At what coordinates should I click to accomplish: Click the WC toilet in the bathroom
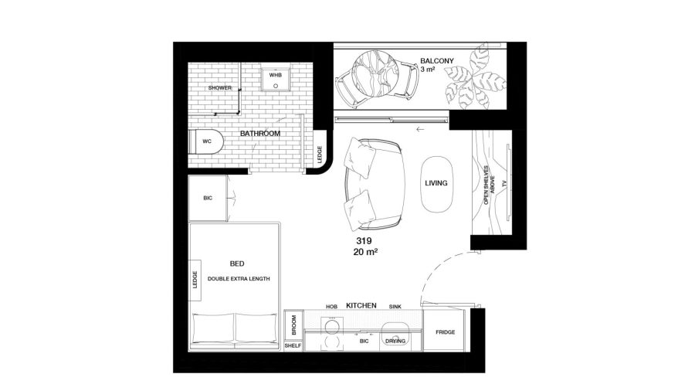(206, 141)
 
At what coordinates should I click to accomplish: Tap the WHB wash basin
(275, 80)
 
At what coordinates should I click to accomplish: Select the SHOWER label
(220, 88)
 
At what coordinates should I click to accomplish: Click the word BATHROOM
(260, 134)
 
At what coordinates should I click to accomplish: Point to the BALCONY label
(437, 61)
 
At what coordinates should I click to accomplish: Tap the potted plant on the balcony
(474, 77)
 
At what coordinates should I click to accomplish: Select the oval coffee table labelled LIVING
(436, 185)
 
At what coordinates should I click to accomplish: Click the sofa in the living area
(375, 185)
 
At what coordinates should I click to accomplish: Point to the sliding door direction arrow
(420, 130)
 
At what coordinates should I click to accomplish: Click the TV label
(504, 184)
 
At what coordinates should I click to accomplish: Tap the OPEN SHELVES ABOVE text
(489, 185)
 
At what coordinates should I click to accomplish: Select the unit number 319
(364, 241)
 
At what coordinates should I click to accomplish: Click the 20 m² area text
(366, 252)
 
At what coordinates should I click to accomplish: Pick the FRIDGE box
(445, 331)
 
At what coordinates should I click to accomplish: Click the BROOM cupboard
(293, 325)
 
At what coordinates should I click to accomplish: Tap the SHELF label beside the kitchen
(293, 345)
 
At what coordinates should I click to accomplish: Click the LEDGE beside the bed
(195, 280)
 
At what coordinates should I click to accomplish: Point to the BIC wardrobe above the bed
(208, 198)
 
